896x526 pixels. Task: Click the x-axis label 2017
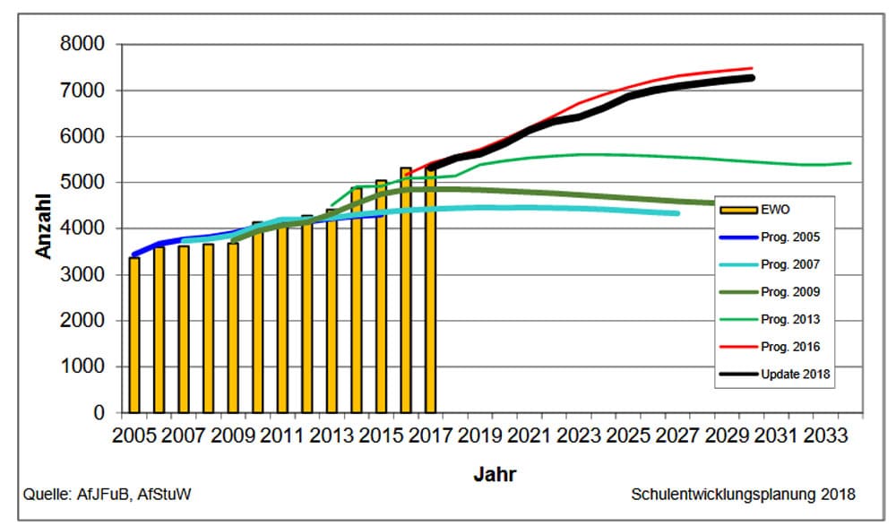click(x=428, y=435)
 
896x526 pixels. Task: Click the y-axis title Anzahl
click(x=43, y=229)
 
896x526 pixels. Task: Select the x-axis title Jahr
click(x=495, y=474)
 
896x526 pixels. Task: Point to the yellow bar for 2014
click(x=357, y=300)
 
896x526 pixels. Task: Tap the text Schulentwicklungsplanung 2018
click(x=743, y=494)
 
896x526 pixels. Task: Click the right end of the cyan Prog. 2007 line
click(x=677, y=213)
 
